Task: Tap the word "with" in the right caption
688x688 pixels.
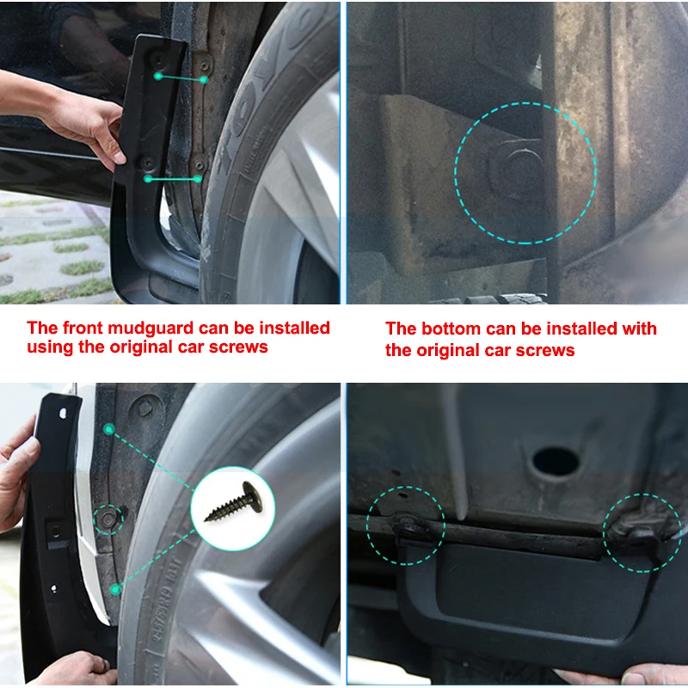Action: pos(639,329)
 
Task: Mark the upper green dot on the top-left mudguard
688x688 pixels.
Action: pos(158,77)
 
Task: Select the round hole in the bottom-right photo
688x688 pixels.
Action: pos(555,462)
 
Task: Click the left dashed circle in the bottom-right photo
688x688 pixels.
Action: pos(406,525)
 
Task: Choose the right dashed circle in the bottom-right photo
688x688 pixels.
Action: pos(642,532)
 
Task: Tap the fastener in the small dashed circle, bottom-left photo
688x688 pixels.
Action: pos(108,519)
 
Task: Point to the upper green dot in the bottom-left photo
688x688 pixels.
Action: pos(108,428)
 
